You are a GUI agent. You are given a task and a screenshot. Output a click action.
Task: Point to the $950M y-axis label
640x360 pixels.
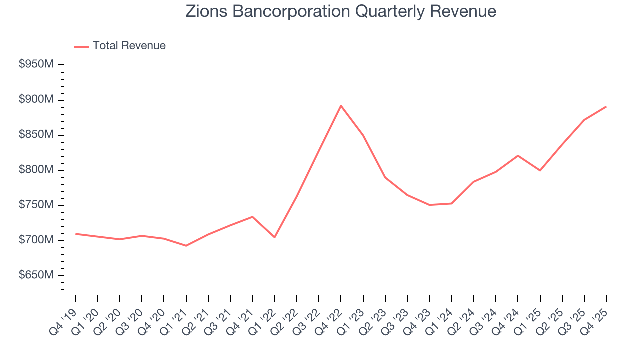[36, 65]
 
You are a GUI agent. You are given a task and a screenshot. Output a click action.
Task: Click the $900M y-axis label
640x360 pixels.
[36, 100]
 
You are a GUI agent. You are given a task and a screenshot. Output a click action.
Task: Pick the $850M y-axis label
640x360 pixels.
[36, 135]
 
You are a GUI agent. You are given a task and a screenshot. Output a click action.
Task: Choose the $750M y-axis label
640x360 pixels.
[36, 205]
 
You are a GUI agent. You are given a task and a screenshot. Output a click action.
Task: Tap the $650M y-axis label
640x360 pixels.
[36, 275]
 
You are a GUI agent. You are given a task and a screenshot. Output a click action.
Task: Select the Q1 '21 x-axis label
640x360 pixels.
[175, 316]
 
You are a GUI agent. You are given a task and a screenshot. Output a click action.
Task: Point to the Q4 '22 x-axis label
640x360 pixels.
[329, 316]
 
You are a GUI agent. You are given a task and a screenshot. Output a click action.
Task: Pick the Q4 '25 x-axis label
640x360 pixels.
[595, 316]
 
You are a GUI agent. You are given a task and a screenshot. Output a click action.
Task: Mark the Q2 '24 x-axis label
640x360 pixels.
[462, 316]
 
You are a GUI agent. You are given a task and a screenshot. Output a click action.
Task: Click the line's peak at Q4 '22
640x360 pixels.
[341, 106]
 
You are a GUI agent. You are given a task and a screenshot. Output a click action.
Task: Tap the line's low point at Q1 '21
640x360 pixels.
[186, 246]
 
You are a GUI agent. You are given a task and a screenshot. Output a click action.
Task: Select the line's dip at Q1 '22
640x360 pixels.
[274, 237]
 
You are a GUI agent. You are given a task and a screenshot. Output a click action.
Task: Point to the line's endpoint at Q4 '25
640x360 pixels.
[606, 106]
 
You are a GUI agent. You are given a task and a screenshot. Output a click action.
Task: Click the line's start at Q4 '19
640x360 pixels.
[76, 234]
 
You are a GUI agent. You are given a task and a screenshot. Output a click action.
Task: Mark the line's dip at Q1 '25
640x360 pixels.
[540, 170]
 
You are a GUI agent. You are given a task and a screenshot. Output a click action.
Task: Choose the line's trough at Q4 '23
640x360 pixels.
[429, 205]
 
